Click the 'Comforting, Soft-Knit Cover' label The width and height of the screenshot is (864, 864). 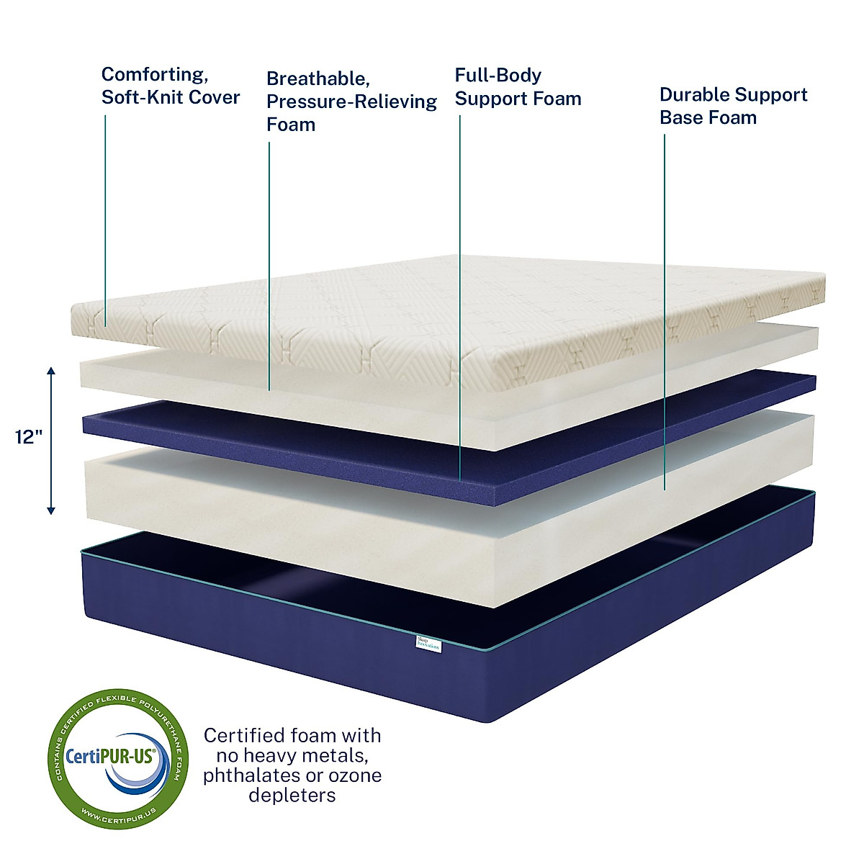(x=171, y=86)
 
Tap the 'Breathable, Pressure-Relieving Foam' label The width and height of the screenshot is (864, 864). (x=351, y=102)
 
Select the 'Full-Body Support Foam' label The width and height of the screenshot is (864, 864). (x=518, y=87)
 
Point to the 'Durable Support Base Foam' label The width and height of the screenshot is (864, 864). (x=733, y=106)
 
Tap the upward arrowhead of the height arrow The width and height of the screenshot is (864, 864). (x=51, y=371)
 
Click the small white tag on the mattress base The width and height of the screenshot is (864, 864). (x=430, y=643)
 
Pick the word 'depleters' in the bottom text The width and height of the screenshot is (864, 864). (x=292, y=796)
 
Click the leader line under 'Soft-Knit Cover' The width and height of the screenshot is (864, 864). (x=105, y=216)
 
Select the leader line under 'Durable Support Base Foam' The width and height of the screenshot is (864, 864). (x=664, y=310)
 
